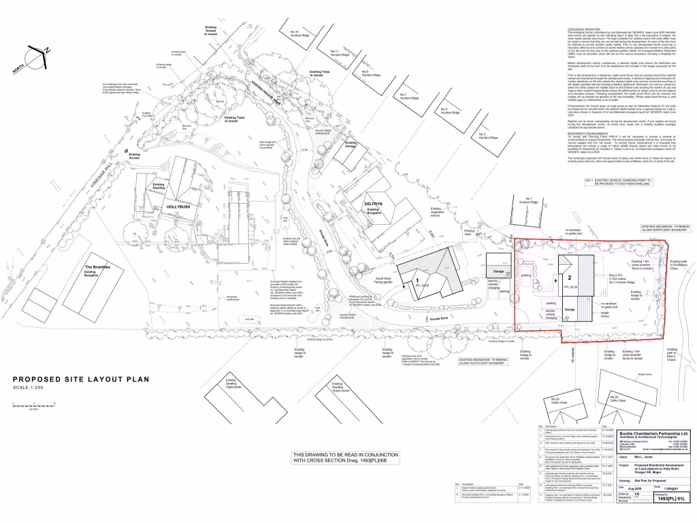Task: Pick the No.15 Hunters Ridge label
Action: tap(299, 33)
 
